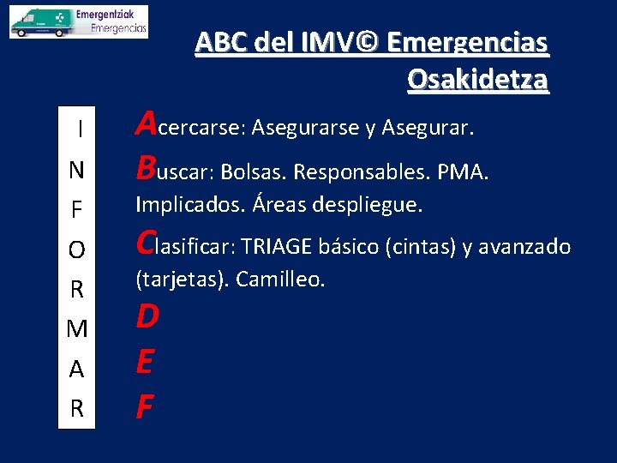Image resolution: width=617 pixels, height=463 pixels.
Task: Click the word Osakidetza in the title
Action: (x=477, y=79)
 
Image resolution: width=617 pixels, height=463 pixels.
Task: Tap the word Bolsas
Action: (x=253, y=173)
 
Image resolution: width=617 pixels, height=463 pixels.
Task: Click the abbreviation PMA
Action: (x=462, y=173)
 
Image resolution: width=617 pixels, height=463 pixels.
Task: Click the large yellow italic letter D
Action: (x=147, y=317)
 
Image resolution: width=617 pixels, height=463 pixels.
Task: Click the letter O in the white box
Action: (x=77, y=250)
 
